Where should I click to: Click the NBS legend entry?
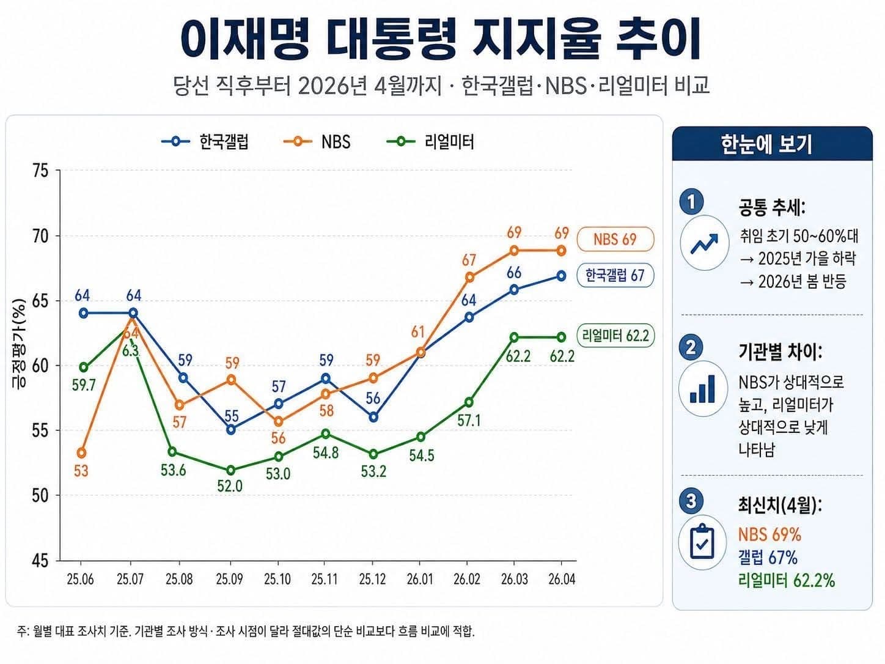click(318, 142)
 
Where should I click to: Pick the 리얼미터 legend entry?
click(431, 142)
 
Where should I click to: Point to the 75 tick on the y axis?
click(40, 171)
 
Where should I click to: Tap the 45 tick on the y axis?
click(40, 561)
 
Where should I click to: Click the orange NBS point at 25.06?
click(82, 453)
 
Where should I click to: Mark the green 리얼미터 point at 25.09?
click(231, 470)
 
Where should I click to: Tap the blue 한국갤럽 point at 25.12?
click(373, 418)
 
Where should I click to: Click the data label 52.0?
click(230, 487)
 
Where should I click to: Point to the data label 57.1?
click(469, 421)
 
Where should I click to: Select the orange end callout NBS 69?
click(615, 239)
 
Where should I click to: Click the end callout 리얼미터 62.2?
click(615, 336)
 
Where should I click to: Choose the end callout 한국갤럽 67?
click(615, 275)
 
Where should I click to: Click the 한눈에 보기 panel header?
click(772, 144)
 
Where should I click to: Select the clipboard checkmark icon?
click(702, 542)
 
